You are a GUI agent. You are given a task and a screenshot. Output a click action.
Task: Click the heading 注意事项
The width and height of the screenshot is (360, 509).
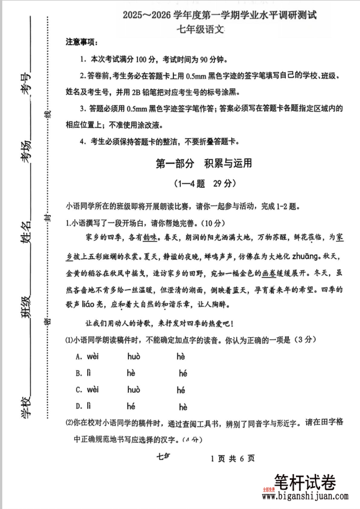tap(82, 43)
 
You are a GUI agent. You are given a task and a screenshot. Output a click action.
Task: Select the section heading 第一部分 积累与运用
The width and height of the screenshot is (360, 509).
tap(204, 163)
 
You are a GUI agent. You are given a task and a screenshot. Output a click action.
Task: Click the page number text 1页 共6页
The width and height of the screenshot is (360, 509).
tap(232, 458)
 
